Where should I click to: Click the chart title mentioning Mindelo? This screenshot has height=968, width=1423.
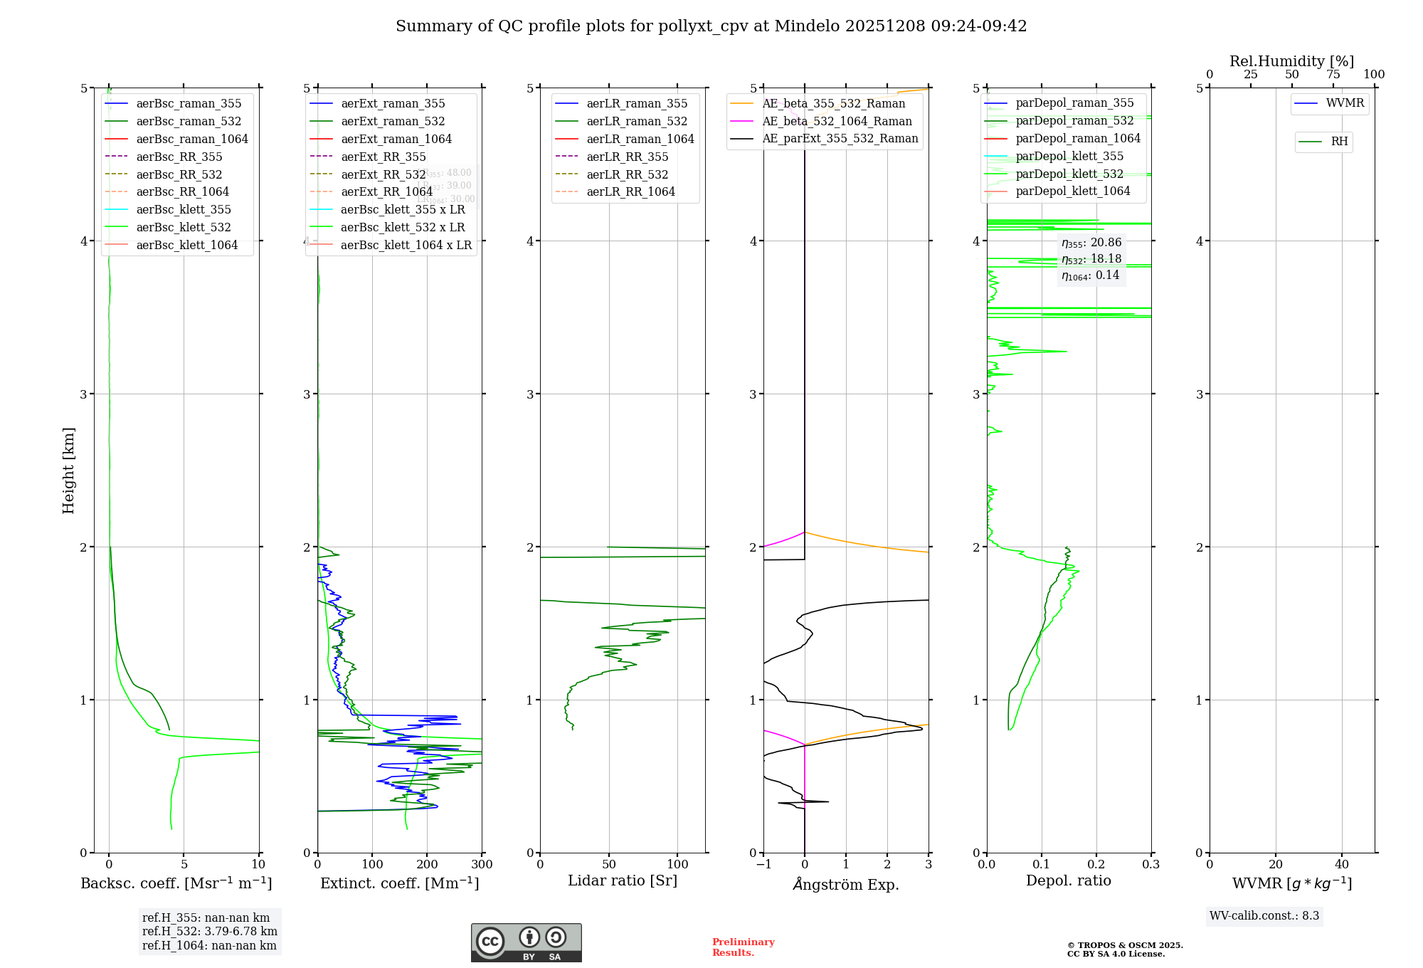(x=711, y=26)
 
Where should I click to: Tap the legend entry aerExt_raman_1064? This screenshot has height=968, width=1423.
(x=396, y=140)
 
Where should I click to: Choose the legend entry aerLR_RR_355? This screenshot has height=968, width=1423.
(x=627, y=157)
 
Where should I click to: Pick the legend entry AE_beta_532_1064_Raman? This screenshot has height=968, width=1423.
(x=837, y=122)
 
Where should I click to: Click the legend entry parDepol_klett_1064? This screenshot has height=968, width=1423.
(x=1072, y=191)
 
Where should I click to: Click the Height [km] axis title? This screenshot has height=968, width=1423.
(x=68, y=470)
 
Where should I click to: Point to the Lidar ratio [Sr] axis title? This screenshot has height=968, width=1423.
(x=623, y=880)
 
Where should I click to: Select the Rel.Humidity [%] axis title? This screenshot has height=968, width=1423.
(x=1291, y=61)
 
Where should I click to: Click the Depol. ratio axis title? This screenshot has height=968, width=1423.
(x=1068, y=880)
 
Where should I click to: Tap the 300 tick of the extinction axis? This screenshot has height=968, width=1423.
(x=482, y=865)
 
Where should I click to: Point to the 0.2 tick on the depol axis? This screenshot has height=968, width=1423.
(x=1096, y=865)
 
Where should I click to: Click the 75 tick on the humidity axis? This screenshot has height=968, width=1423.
(x=1333, y=75)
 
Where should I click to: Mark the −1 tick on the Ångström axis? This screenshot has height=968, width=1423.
(x=763, y=865)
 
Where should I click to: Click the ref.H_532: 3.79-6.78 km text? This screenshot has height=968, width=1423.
(x=210, y=932)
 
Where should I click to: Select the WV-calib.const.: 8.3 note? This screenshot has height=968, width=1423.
(x=1264, y=916)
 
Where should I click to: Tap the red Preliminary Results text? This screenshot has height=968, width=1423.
(x=743, y=947)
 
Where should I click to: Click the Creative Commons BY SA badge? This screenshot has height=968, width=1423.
(x=526, y=943)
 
